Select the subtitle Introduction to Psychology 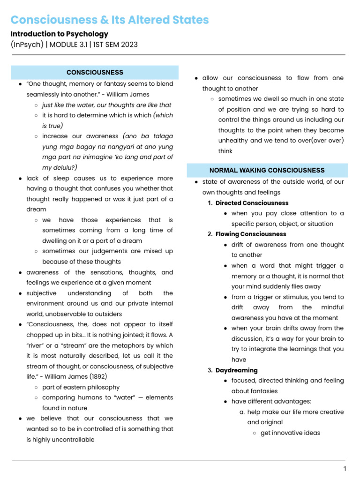coord(59,34)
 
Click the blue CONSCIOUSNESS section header coord(95,72)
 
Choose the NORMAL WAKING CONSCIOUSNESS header coord(267,170)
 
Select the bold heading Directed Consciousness coord(252,203)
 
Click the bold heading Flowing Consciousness coord(250,234)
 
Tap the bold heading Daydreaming coord(236,370)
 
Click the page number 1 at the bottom coord(345,469)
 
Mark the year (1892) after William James coord(108,377)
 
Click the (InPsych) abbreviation coord(27,45)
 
